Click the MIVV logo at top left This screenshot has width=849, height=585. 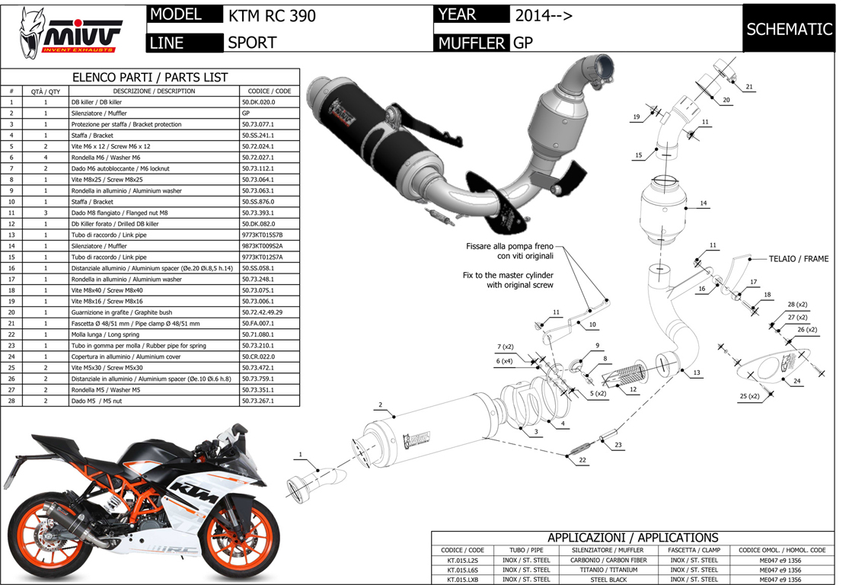[67, 30]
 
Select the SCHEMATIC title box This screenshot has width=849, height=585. [789, 29]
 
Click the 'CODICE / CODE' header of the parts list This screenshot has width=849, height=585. [269, 91]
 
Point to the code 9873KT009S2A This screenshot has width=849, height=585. [261, 246]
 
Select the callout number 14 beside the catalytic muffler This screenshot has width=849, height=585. [703, 203]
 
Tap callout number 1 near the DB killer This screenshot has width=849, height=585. [300, 455]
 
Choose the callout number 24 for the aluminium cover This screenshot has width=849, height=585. [796, 380]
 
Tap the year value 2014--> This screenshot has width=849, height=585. [544, 15]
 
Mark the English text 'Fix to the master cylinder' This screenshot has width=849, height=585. [508, 274]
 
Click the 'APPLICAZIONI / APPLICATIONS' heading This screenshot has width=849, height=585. [633, 538]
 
